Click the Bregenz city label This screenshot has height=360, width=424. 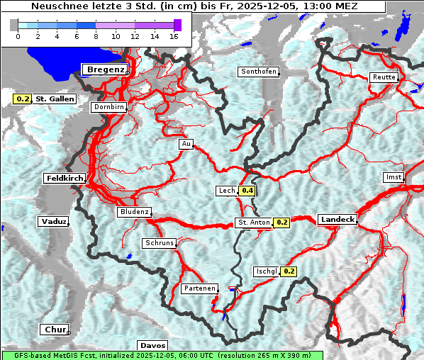point(106,69)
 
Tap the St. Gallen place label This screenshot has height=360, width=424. point(55,99)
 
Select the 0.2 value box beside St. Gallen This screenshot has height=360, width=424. point(23,99)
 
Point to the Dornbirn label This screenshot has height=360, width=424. point(109,108)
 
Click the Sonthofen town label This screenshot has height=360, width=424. point(258,72)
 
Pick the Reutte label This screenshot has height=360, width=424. point(384,77)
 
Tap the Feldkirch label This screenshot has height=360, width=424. point(65,179)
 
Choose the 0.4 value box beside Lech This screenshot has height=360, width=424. point(247,191)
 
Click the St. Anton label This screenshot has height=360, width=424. point(253,223)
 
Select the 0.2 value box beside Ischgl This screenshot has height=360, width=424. point(289,271)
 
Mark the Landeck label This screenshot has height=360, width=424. point(337,220)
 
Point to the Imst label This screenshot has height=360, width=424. point(392,177)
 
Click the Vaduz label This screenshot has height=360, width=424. point(53,222)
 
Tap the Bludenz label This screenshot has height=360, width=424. point(134,212)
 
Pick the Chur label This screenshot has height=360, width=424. point(54,330)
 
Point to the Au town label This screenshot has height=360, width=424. point(186,144)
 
